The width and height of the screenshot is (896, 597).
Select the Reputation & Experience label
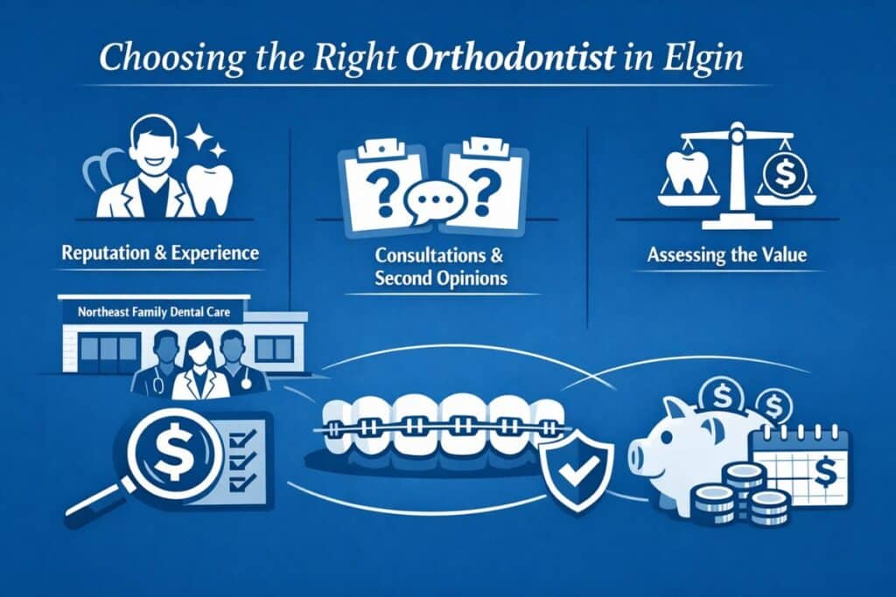tap(160, 253)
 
